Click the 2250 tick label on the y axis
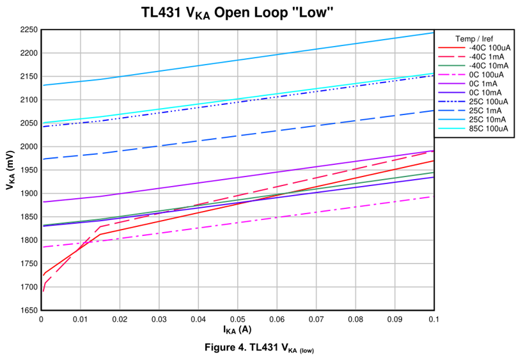coord(29,29)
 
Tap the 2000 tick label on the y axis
coord(29,146)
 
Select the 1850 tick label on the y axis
coord(29,217)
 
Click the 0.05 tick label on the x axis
coord(238,318)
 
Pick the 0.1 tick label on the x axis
coord(433,318)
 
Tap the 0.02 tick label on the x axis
coord(120,318)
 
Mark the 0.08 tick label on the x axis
coord(355,318)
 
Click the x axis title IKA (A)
coord(237,330)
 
